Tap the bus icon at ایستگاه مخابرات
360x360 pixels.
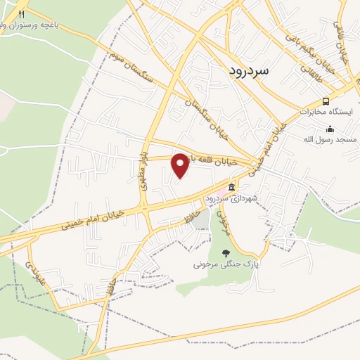point(325,101)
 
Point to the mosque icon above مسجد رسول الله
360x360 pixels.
point(330,129)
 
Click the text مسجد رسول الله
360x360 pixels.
point(332,140)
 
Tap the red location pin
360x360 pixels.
point(181,166)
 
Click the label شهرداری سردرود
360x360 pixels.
point(231,199)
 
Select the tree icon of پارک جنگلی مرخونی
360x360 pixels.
point(226,253)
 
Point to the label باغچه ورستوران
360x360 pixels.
point(56,23)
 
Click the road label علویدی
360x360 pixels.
point(36,266)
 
